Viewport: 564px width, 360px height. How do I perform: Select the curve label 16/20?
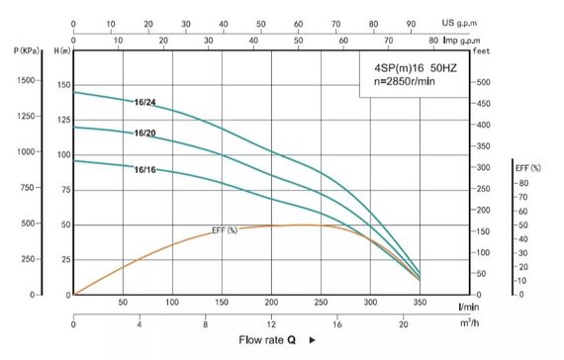144,133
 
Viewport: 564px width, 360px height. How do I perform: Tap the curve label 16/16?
144,169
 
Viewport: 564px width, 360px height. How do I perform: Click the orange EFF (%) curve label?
225,230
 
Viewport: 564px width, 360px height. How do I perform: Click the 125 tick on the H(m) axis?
64,120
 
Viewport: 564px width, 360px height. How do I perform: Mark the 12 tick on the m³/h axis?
272,324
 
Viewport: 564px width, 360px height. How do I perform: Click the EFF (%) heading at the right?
527,167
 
